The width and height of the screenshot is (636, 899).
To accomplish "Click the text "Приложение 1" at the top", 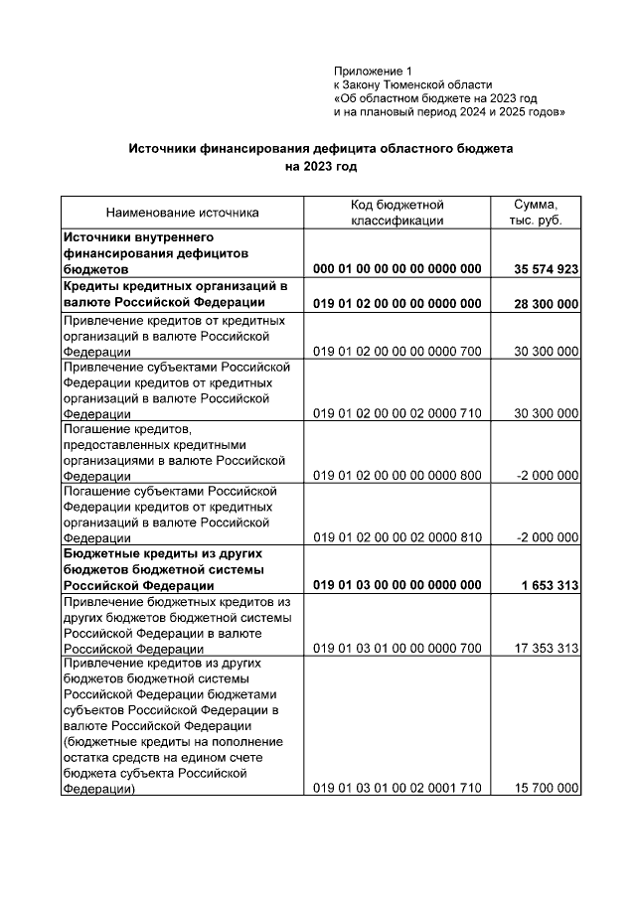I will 373,72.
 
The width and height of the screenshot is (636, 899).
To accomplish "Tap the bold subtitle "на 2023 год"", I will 319,167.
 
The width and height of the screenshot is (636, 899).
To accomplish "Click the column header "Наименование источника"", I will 182,213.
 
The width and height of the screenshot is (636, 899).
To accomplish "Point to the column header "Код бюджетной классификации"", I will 397,212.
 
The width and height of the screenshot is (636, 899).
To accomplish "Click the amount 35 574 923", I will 546,269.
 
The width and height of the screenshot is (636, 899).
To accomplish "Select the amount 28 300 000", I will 546,303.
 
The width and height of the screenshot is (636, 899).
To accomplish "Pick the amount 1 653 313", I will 549,586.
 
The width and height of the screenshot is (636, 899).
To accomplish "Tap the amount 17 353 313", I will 546,649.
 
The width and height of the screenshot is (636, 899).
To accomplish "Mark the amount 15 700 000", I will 546,788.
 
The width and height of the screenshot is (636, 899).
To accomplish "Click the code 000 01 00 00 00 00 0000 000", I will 397,269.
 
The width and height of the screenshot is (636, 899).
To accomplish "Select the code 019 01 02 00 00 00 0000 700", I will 397,352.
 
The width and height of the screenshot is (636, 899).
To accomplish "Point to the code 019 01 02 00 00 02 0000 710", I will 397,413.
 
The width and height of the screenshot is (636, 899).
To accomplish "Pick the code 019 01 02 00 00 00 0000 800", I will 397,476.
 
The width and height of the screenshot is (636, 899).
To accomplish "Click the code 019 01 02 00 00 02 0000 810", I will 397,537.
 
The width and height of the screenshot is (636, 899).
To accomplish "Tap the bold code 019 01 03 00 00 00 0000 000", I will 397,586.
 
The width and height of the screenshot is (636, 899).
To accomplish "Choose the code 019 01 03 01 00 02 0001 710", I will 397,788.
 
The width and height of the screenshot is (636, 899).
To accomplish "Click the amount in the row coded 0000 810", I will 548,537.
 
